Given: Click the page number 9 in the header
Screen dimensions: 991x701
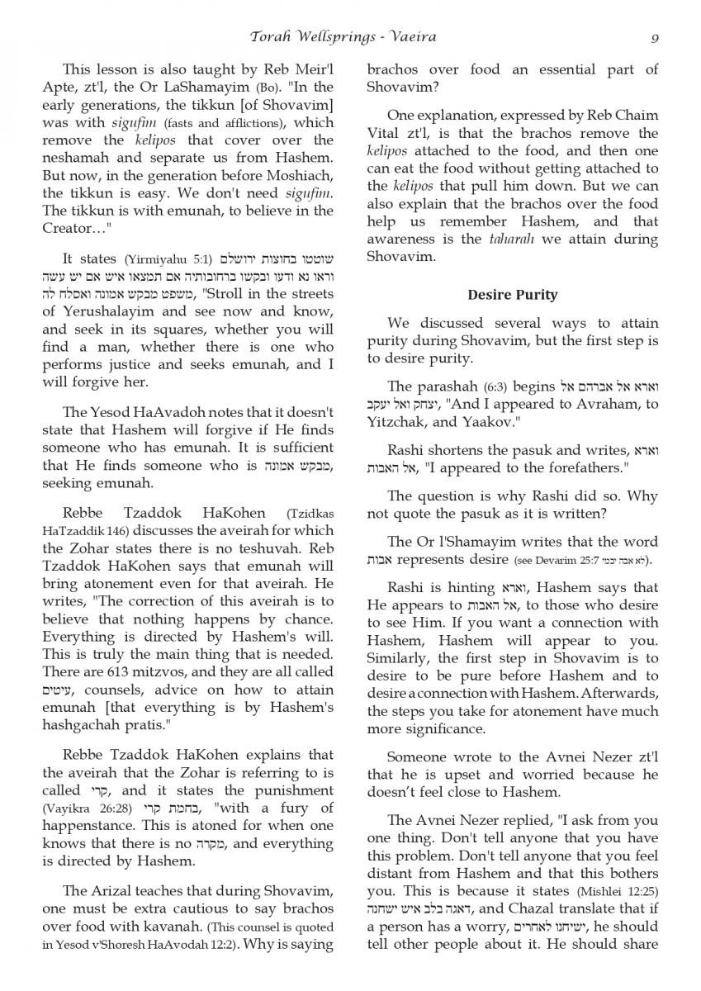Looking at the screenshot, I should pos(654,37).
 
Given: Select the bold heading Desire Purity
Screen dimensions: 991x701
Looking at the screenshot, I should pos(512,295).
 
